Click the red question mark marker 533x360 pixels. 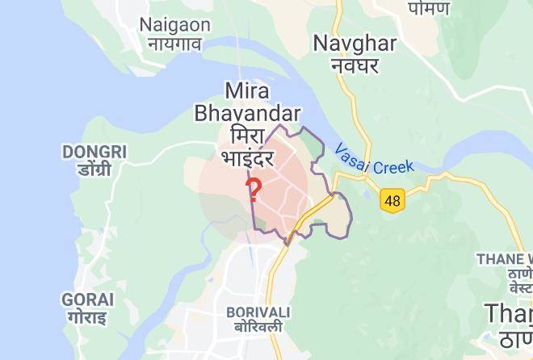pos(254,190)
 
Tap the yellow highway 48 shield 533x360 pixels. pos(392,201)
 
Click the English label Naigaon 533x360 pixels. pos(175,24)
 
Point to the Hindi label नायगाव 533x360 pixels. pos(174,44)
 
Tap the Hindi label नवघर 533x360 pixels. pos(355,65)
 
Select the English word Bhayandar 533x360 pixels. pos(248,113)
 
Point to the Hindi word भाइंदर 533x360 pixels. pos(249,155)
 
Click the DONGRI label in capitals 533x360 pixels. pos(94,152)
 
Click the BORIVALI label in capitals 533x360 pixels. pos(258,312)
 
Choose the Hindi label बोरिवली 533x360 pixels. pos(258,327)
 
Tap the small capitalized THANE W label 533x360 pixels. pos(505,259)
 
